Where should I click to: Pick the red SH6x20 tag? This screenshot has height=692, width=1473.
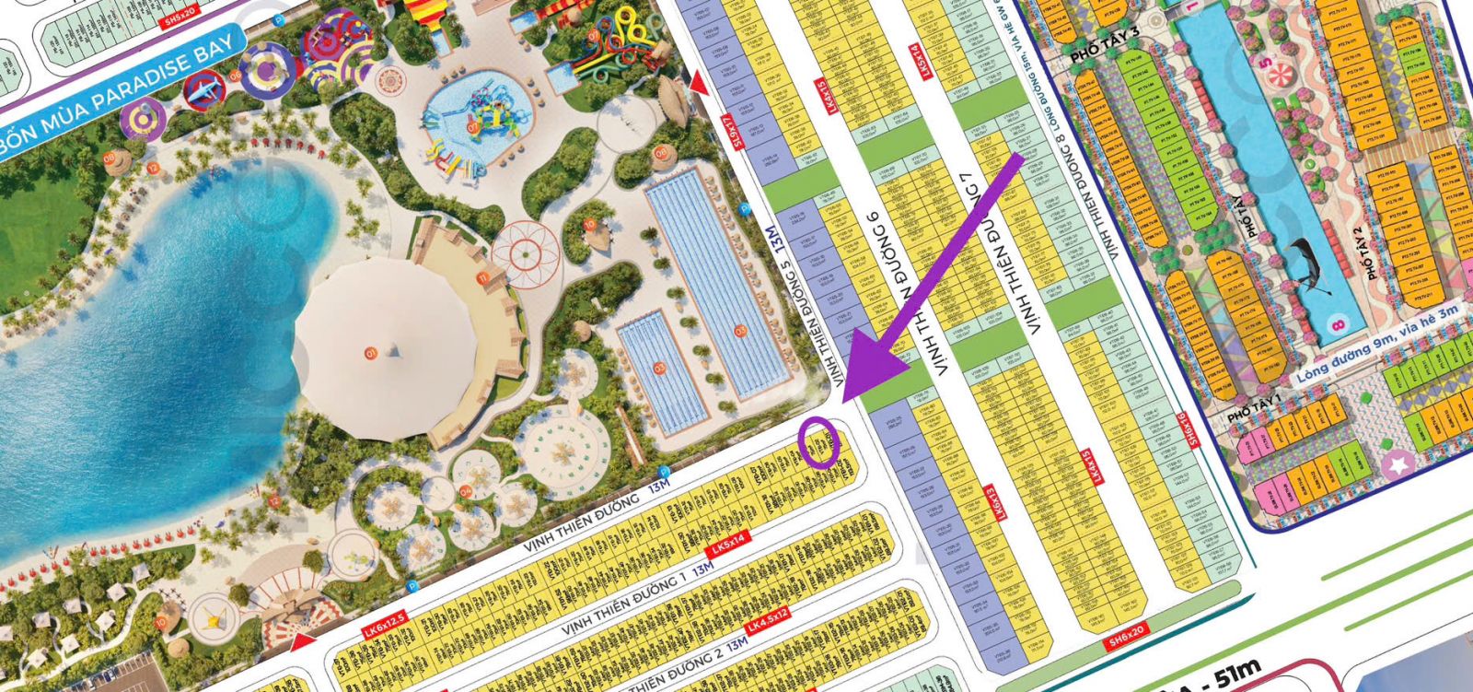click(x=1127, y=635)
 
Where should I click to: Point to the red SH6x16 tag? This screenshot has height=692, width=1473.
click(x=1196, y=429)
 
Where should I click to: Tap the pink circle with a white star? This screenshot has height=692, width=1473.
click(x=1398, y=463)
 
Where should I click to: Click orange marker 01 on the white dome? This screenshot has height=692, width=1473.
click(x=371, y=352)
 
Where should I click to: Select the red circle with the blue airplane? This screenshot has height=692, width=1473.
click(x=204, y=90)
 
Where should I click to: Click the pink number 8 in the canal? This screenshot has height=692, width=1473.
click(x=1338, y=323)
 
